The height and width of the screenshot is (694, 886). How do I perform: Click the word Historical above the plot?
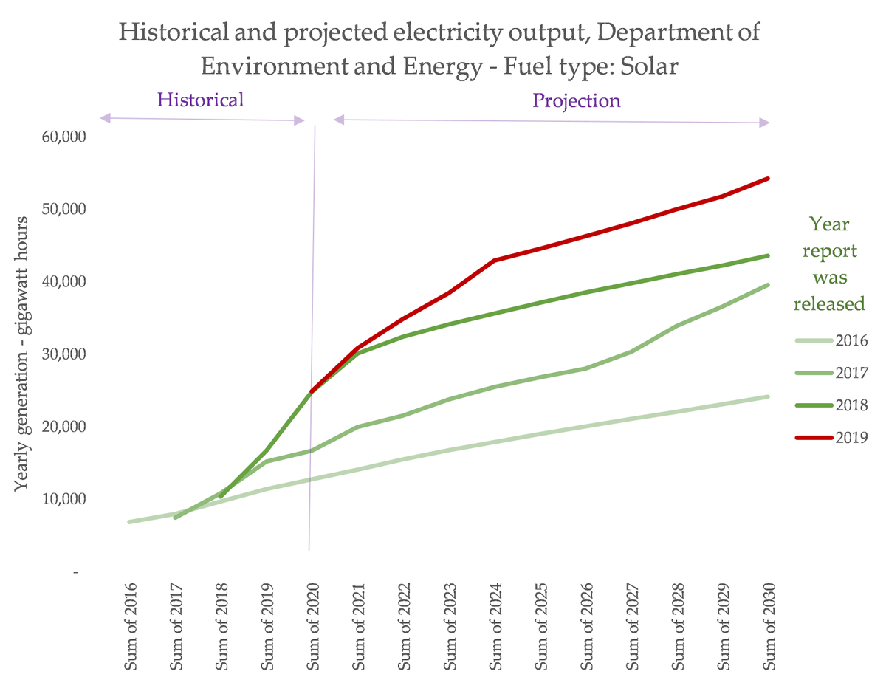click(200, 100)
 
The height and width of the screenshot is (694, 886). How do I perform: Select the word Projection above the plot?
click(577, 100)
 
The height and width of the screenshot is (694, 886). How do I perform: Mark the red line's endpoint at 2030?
click(768, 179)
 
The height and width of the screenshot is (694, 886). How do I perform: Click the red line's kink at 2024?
click(493, 261)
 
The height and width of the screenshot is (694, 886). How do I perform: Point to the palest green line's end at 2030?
click(768, 396)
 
